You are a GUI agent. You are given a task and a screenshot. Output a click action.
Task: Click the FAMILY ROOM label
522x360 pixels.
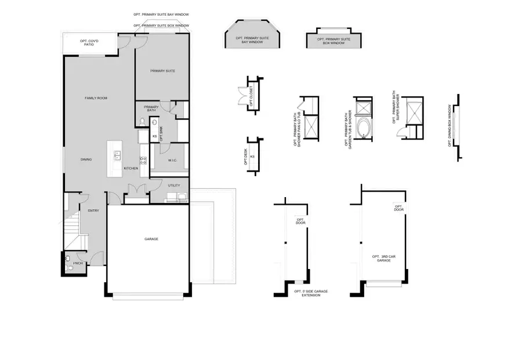point(96,98)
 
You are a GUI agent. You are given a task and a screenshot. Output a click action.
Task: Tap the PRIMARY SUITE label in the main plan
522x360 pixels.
point(162,71)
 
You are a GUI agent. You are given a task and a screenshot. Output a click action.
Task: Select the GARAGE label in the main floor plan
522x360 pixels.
point(151,239)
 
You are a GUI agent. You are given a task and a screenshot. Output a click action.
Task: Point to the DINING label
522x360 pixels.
point(86,159)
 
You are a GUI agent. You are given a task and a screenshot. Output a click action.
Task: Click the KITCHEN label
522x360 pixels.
point(130,169)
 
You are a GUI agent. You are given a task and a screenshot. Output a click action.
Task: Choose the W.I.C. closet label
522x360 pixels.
point(172,161)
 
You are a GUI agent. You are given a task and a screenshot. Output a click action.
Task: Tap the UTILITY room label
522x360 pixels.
point(174,186)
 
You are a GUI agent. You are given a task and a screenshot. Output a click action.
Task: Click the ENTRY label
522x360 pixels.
point(93,210)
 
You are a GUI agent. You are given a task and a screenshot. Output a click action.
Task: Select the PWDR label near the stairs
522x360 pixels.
point(78,263)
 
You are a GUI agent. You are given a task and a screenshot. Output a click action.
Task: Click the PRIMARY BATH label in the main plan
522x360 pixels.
point(151,108)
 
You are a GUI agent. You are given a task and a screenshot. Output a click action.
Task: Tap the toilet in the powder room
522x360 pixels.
point(68,259)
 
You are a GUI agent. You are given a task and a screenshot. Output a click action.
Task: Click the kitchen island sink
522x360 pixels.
point(117,155)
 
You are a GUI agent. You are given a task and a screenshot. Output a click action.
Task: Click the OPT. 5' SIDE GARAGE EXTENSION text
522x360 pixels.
point(311,293)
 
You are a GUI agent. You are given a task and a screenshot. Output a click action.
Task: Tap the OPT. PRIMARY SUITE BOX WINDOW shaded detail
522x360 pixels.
point(334,41)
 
